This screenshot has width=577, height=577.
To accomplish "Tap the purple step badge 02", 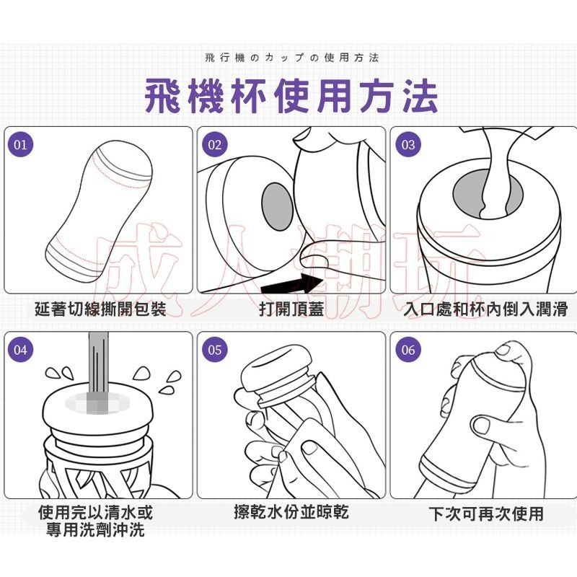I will [214, 144].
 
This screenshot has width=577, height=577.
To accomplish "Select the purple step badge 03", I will [408, 144].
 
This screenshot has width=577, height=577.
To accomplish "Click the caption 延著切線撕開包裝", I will [100, 309].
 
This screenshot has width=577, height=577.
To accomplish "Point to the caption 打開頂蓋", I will [291, 309].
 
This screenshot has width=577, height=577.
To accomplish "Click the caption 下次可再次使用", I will [485, 514].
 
